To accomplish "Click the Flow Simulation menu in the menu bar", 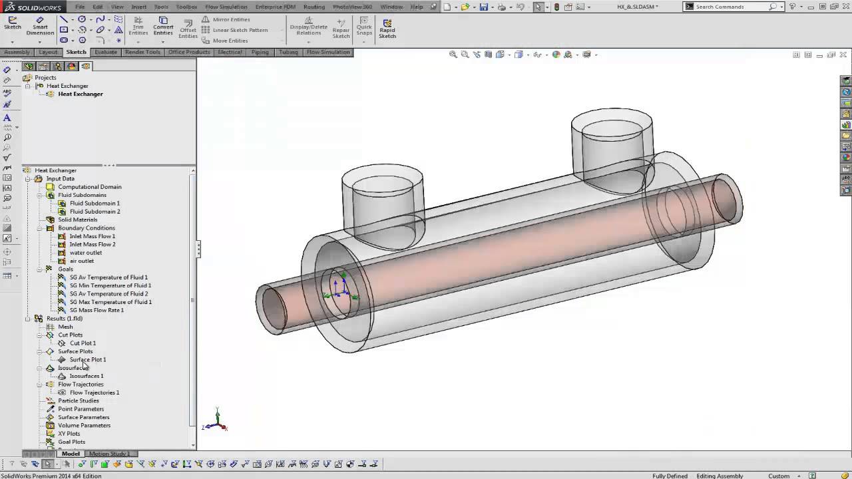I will (226, 7).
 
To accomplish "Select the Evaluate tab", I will (106, 52).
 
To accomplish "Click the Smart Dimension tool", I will (40, 26).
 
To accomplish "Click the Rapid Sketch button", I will (387, 28).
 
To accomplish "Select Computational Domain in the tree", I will (89, 187).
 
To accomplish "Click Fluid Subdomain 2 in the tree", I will (95, 212).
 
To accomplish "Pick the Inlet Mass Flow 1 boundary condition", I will (92, 236).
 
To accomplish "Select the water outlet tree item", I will (85, 253).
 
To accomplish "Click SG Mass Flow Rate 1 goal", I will (97, 310).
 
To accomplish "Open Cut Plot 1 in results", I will (83, 343).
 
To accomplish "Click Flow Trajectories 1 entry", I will (94, 393).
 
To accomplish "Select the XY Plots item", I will (69, 434).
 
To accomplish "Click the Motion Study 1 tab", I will (109, 454).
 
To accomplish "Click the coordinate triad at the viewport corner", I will (217, 421).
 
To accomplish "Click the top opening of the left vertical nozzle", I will (382, 178).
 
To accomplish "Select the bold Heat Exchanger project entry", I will (80, 94).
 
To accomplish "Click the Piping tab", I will (260, 52).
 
